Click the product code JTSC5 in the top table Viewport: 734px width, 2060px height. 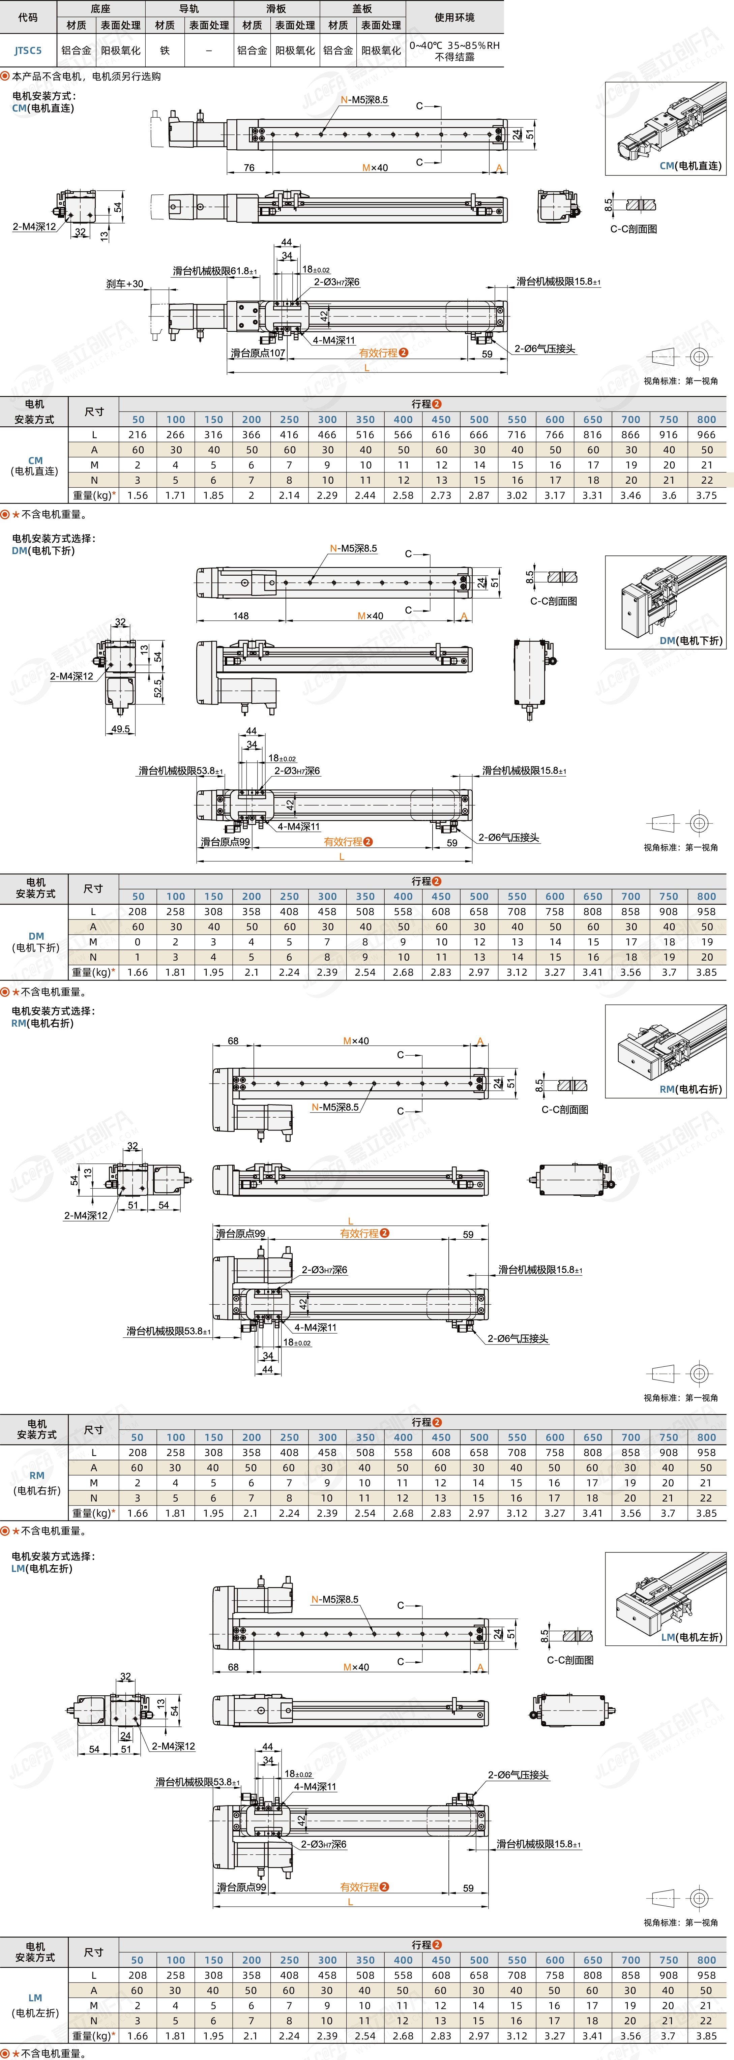[28, 50]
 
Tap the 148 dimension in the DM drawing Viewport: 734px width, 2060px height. [241, 616]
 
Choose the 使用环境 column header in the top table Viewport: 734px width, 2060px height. [454, 17]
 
